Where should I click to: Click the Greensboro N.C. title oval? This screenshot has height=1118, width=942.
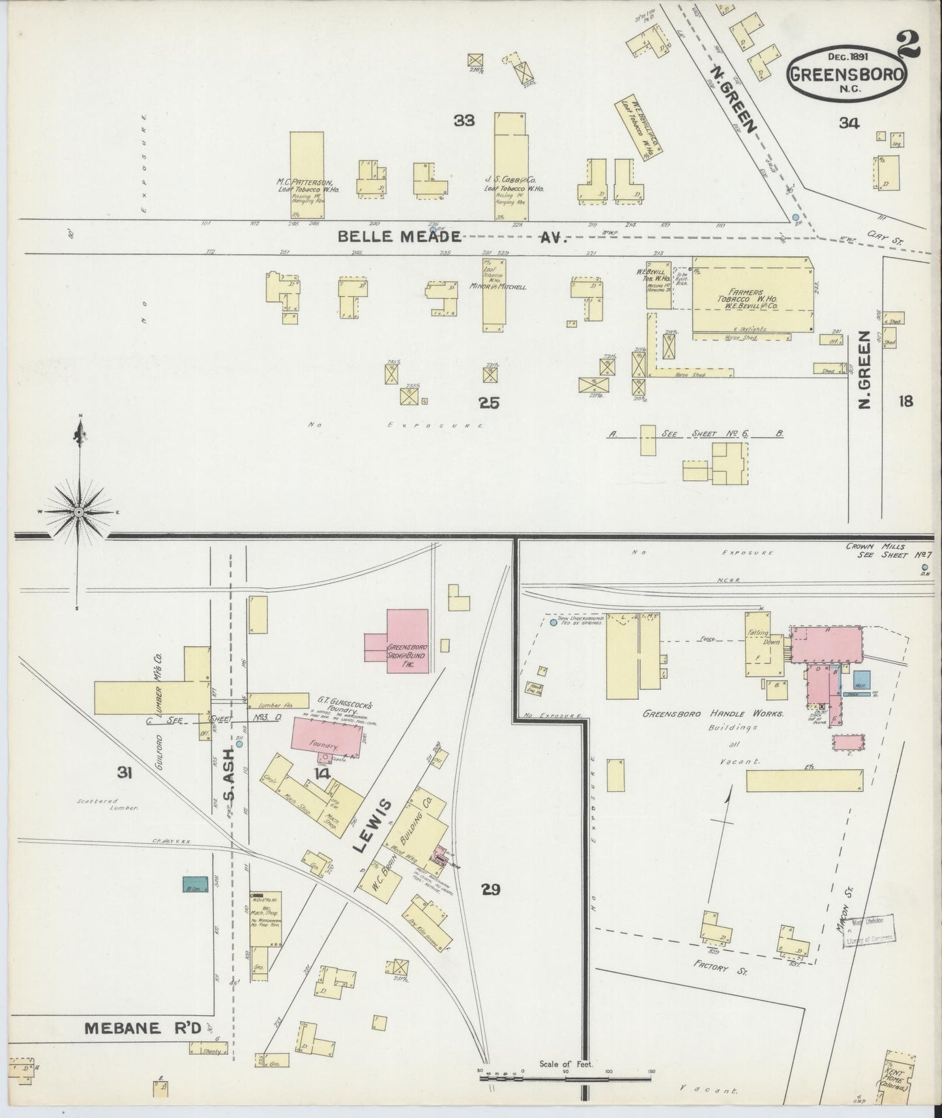(847, 74)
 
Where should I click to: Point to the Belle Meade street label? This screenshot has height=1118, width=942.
(399, 237)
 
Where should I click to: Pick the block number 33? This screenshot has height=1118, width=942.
(465, 120)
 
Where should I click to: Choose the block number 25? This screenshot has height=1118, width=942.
(489, 403)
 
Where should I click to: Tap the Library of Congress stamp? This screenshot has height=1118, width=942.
(870, 929)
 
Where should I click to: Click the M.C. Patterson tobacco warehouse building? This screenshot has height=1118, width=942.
(306, 175)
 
